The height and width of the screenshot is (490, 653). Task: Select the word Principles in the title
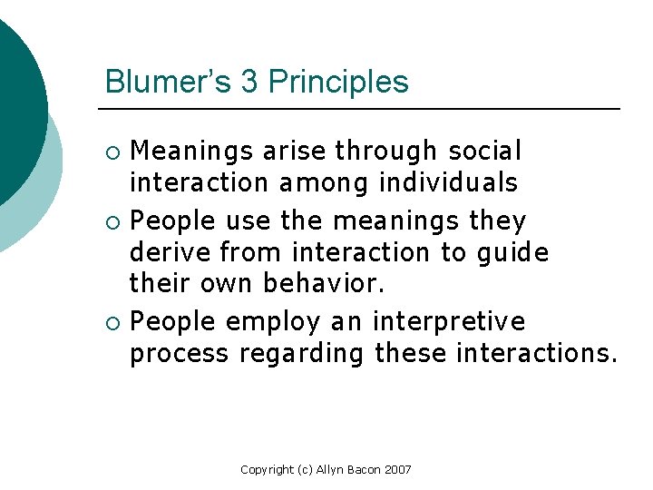(x=338, y=83)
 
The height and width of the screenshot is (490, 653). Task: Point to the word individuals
(x=448, y=181)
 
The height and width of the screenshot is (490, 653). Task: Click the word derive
(x=170, y=250)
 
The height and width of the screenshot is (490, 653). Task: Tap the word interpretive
(x=449, y=322)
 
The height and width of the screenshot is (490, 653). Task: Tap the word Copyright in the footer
(x=267, y=469)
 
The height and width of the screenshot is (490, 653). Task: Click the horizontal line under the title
(x=363, y=109)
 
